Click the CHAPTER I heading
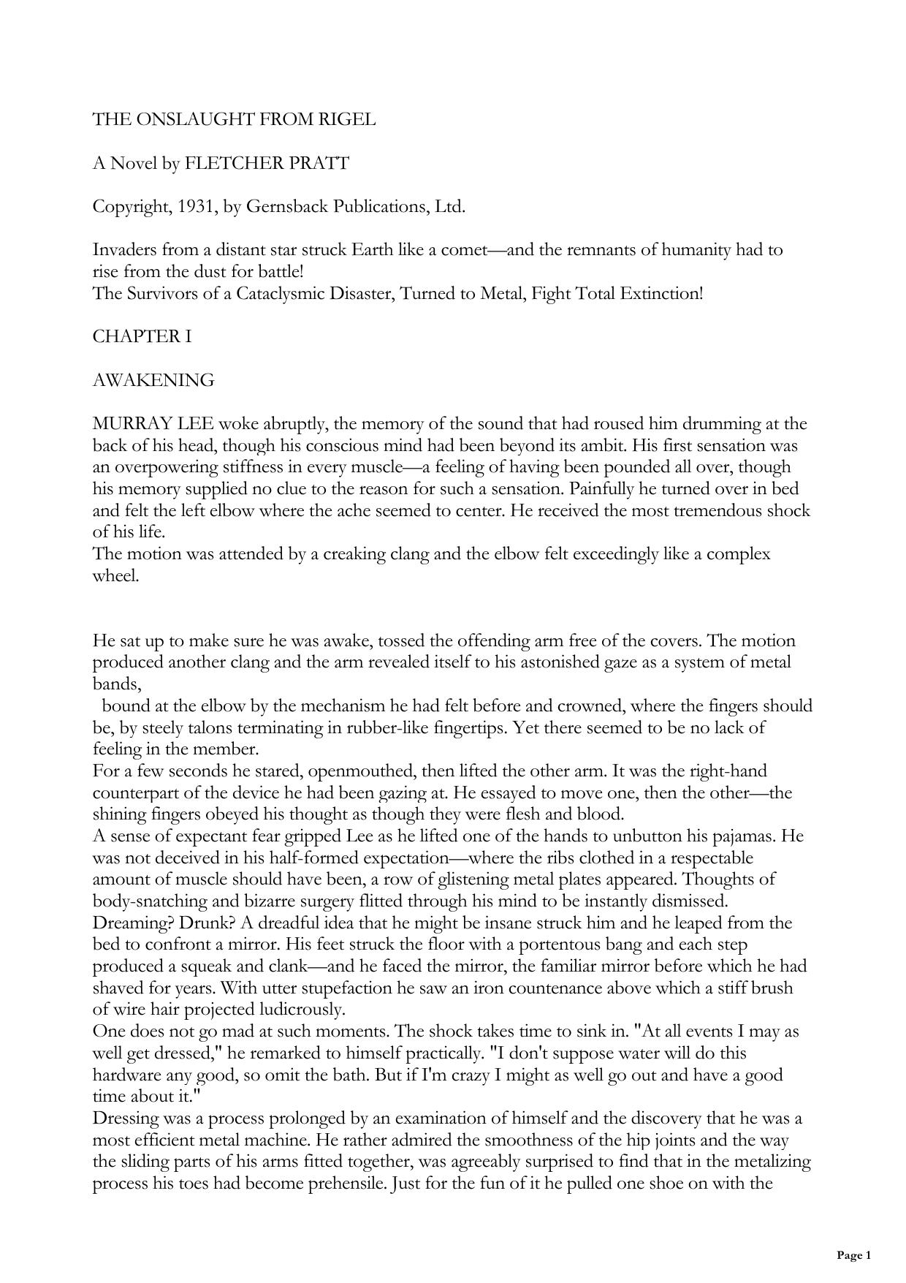pos(142,336)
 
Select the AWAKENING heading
pos(153,380)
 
